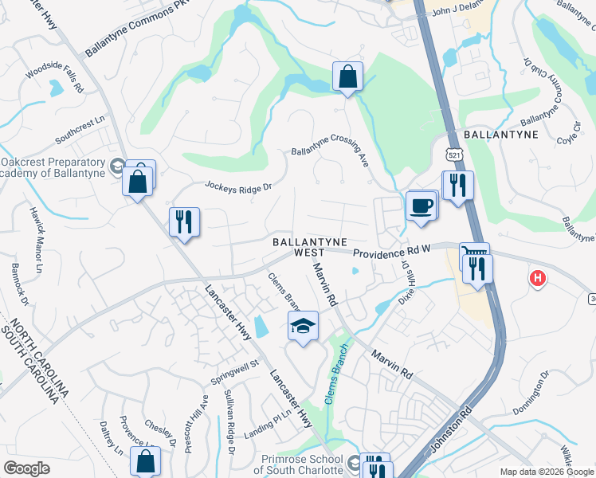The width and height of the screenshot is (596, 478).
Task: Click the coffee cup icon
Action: pos(422,206)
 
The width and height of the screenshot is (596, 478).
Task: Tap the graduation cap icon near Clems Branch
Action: pos(303,327)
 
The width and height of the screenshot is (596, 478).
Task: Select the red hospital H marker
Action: pos(539,278)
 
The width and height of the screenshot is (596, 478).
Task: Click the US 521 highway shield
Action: pos(453,152)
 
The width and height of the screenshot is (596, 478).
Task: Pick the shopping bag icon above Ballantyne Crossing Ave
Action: pos(347,77)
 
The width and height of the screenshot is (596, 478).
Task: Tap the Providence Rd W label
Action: pos(391,250)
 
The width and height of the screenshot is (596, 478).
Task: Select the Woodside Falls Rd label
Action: pos(55,75)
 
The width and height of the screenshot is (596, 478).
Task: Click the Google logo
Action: pos(27,468)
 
